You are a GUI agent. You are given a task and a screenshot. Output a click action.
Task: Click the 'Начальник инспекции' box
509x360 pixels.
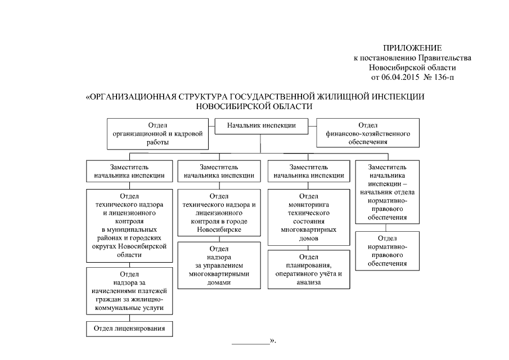[x=262, y=125]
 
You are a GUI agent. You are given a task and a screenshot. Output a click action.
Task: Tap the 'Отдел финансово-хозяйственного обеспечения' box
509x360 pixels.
[x=368, y=133]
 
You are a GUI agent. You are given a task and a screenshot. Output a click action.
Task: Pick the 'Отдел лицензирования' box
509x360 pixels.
[x=129, y=328]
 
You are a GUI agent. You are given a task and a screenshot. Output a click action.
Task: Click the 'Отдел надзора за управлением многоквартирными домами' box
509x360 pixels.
[x=219, y=265]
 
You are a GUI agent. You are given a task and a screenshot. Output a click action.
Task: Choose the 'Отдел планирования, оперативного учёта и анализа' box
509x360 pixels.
[x=309, y=269]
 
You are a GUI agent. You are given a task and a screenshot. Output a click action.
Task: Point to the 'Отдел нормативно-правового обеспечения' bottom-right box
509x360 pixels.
[x=387, y=250]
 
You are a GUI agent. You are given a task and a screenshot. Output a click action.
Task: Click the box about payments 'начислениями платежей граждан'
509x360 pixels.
[x=129, y=291]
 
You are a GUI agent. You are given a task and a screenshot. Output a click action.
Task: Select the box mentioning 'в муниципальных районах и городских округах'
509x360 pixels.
[x=129, y=226]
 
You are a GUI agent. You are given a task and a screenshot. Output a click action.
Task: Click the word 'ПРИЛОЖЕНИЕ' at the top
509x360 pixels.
[x=413, y=48]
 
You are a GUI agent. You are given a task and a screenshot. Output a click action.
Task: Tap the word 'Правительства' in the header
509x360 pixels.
[x=448, y=57]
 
